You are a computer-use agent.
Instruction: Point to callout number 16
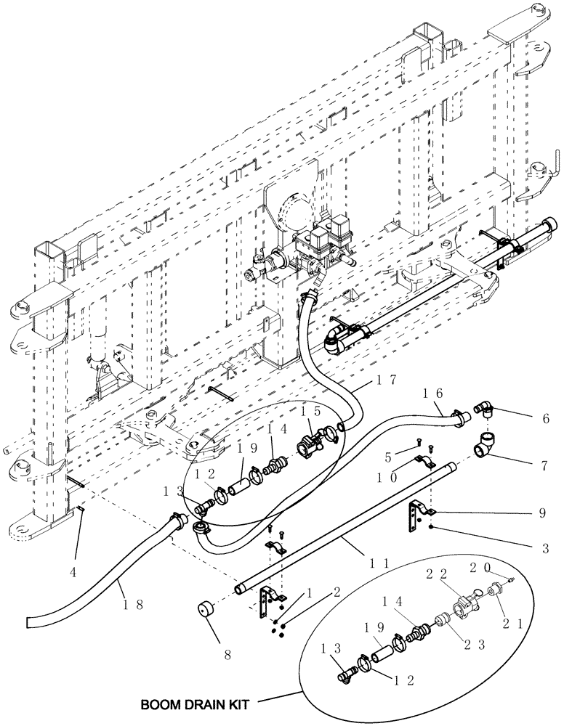click(430, 393)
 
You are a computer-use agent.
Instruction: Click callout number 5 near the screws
click(390, 457)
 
